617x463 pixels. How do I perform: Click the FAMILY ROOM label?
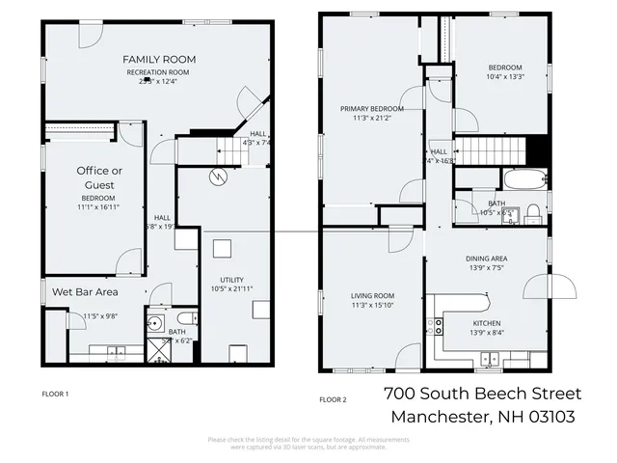158,58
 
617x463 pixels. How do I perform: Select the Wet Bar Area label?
85,291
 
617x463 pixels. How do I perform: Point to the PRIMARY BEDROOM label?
371,109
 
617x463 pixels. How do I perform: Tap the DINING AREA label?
486,259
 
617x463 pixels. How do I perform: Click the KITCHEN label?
486,323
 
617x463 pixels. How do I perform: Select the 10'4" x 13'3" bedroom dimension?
504,77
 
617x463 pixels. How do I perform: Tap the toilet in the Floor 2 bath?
532,213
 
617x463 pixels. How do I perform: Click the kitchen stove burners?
439,326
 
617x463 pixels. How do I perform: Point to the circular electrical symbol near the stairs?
219,177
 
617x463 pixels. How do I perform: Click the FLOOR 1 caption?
56,394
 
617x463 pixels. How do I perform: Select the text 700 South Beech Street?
482,394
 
